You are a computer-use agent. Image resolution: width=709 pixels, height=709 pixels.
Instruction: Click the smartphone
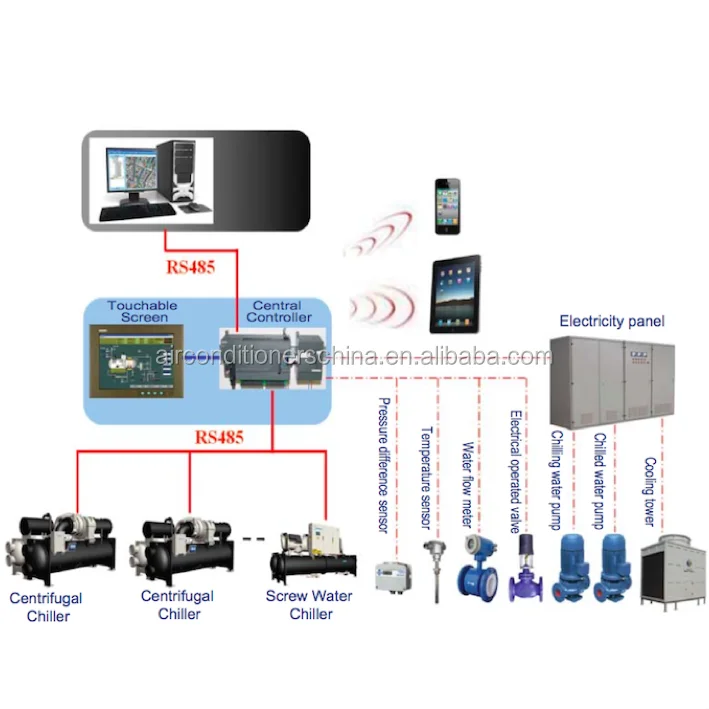[x=446, y=208]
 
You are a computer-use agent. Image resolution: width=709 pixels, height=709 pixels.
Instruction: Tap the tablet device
[x=455, y=295]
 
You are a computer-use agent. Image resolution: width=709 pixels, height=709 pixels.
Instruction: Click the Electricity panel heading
[x=611, y=322]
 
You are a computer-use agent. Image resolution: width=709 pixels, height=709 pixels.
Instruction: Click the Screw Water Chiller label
[x=310, y=604]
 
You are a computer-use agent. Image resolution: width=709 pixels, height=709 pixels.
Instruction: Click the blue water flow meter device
[x=476, y=570]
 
